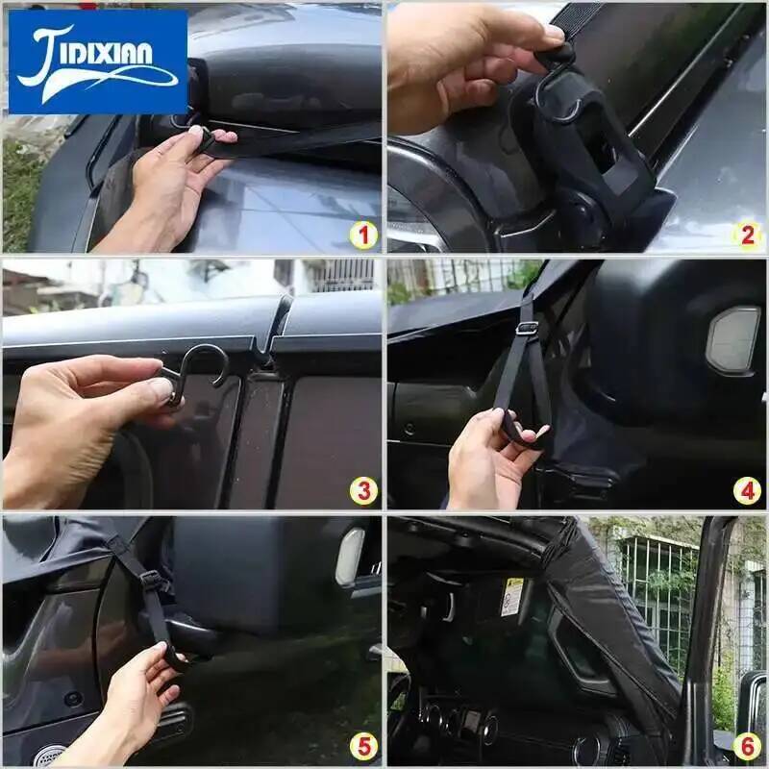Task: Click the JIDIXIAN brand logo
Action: (98, 62)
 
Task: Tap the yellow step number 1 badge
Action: (363, 236)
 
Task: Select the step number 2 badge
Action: (747, 236)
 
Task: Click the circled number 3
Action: (363, 491)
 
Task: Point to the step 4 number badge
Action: (747, 491)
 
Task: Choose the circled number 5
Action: (363, 747)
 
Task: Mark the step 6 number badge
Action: (747, 747)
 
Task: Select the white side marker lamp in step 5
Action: (349, 557)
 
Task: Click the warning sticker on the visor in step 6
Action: (512, 597)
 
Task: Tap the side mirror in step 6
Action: (752, 707)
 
